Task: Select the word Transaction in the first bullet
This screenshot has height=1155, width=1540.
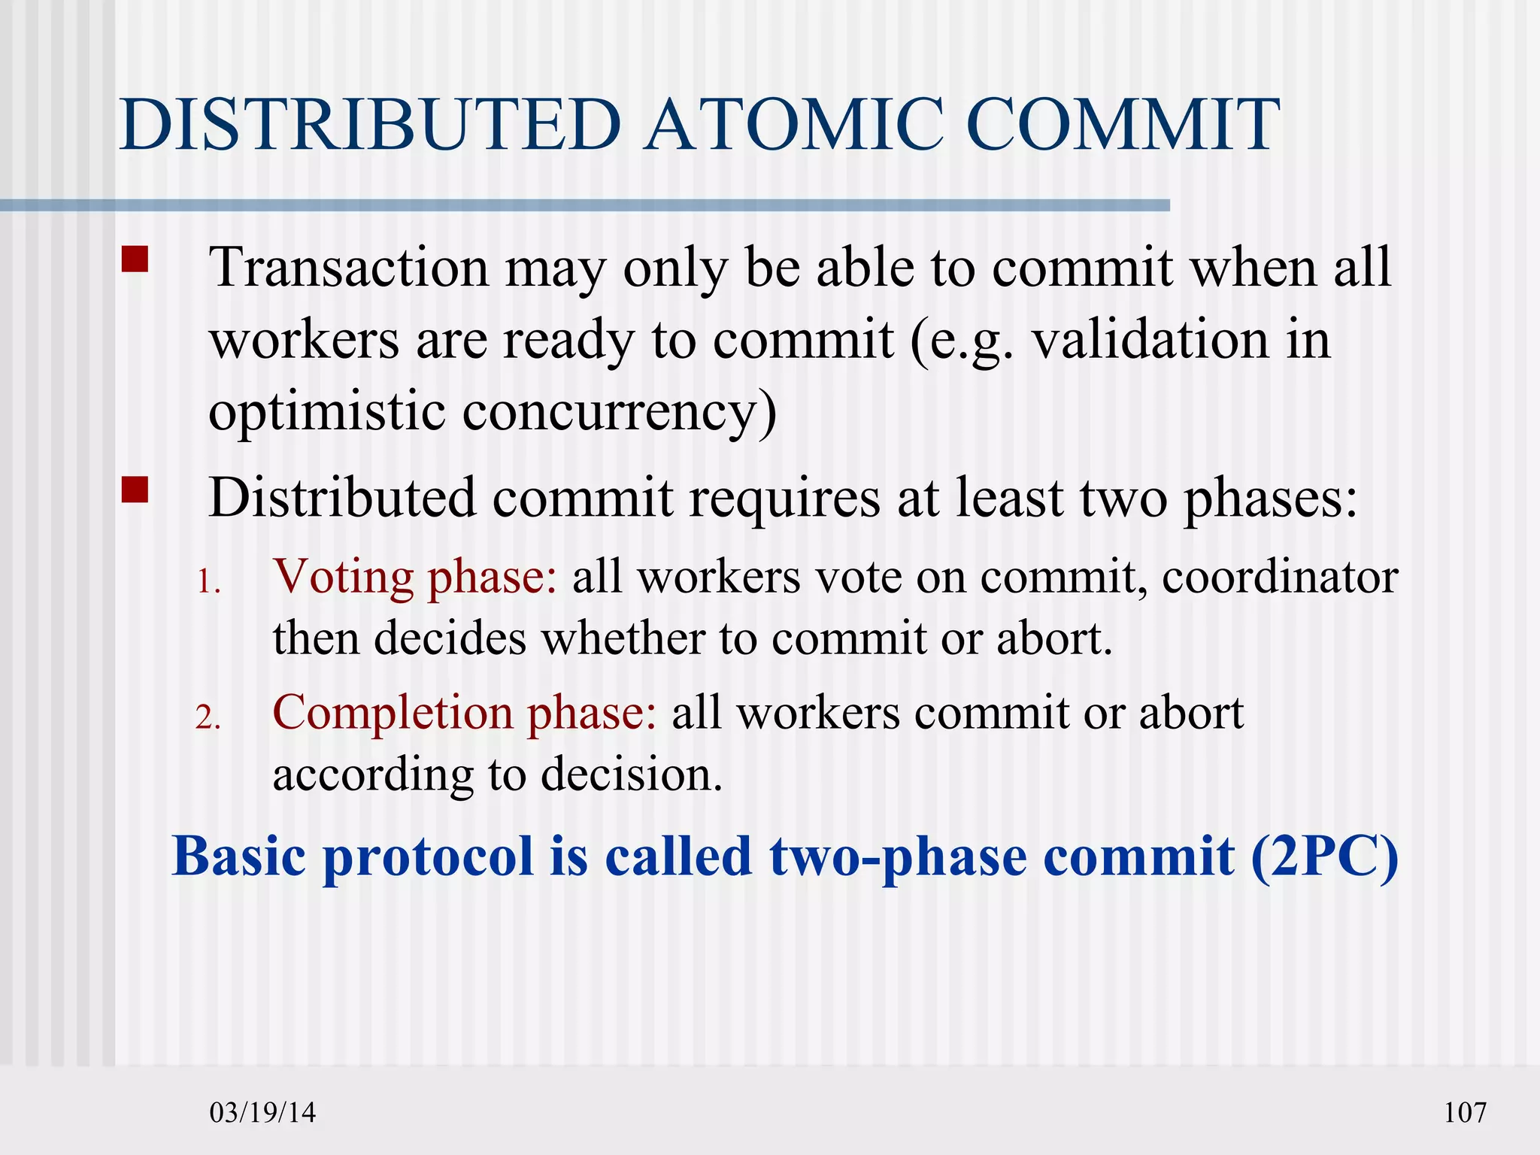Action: coord(349,268)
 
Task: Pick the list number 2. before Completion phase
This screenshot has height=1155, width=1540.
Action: coord(208,717)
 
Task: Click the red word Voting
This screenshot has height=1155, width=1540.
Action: coord(344,578)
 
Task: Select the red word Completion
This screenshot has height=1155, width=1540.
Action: coord(392,713)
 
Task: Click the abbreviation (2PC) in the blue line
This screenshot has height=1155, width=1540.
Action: coord(1324,857)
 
